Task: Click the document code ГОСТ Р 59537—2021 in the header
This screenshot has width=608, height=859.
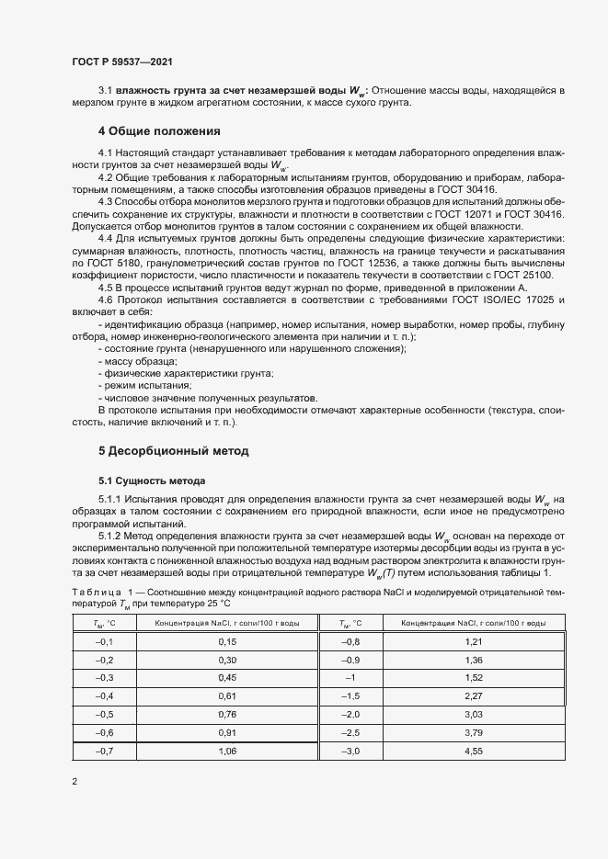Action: tap(121, 62)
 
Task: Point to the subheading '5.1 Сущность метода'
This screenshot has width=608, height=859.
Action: tap(152, 480)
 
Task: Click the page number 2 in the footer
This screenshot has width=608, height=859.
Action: tap(75, 782)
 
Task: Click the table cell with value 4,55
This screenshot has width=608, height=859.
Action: tap(447, 752)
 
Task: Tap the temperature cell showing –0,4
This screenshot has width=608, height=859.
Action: tap(104, 696)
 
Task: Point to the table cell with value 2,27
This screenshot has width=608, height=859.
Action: tap(447, 696)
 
